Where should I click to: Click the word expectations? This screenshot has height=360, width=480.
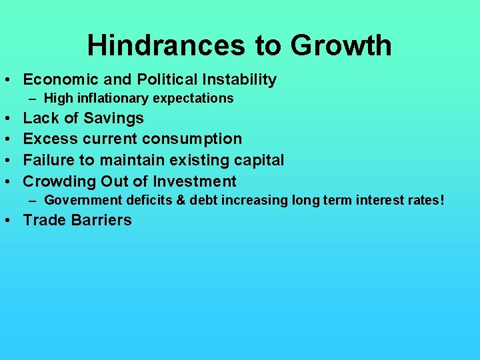click(193, 99)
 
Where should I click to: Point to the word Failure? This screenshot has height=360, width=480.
click(49, 160)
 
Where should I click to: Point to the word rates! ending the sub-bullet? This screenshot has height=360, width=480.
click(424, 200)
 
